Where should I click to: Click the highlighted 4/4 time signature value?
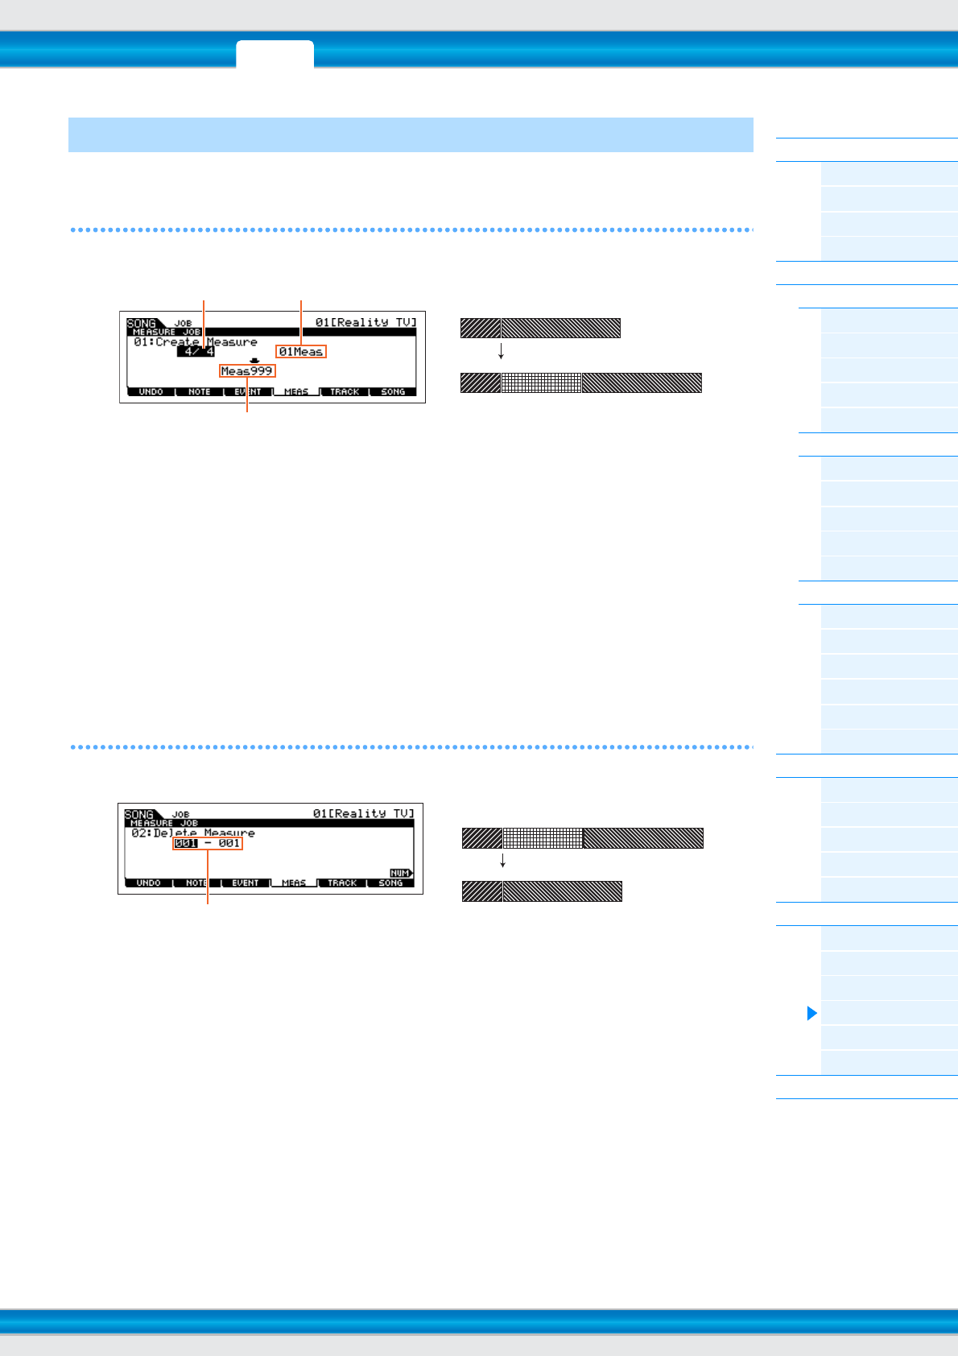[196, 351]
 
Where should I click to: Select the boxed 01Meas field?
[301, 352]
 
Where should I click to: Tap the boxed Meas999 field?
[247, 371]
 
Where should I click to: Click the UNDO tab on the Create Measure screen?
[151, 392]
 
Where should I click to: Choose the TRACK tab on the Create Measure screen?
[345, 392]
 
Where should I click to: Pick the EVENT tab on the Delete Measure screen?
[246, 883]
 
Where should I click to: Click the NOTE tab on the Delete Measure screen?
[196, 883]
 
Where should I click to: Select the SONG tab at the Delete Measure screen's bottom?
[390, 883]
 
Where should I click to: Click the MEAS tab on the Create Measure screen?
[296, 392]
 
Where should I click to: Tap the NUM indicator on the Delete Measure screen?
[400, 873]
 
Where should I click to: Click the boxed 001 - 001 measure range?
[208, 843]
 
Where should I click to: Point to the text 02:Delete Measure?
[193, 833]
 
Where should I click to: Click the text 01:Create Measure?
[196, 341]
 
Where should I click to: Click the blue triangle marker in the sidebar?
[811, 1013]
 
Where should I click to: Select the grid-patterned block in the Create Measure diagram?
[541, 382]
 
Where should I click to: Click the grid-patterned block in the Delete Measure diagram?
[543, 838]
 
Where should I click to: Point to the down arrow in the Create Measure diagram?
[501, 351]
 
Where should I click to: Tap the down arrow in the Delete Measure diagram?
[502, 861]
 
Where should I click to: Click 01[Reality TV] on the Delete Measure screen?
[363, 813]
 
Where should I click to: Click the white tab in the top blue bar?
[275, 54]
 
